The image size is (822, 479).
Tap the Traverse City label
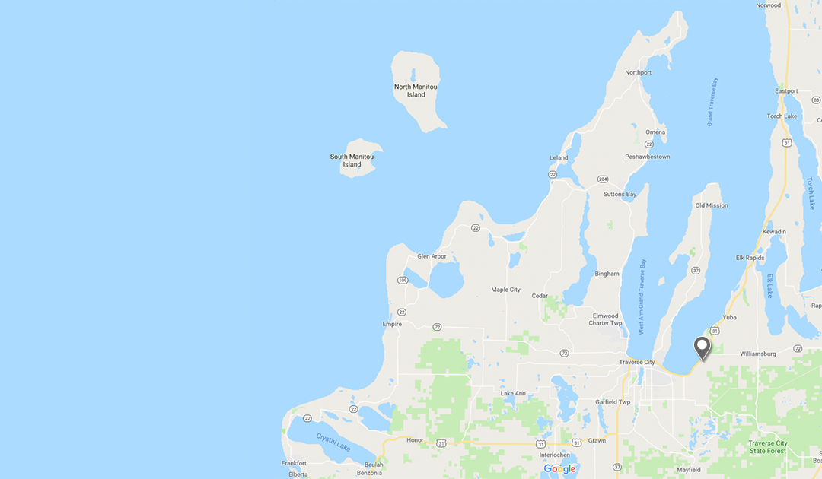pyautogui.click(x=636, y=362)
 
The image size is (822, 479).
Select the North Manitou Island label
pyautogui.click(x=416, y=90)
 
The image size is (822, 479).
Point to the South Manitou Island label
pyautogui.click(x=352, y=160)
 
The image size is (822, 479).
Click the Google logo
pyautogui.click(x=559, y=469)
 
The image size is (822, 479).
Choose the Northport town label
pyautogui.click(x=638, y=73)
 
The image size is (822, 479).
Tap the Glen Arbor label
pyautogui.click(x=432, y=256)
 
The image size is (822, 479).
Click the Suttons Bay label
pyautogui.click(x=620, y=195)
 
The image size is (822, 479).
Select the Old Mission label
pyautogui.click(x=711, y=205)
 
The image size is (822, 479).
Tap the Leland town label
pyautogui.click(x=559, y=158)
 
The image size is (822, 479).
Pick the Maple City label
pyautogui.click(x=505, y=290)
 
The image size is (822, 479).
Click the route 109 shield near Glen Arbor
pyautogui.click(x=401, y=281)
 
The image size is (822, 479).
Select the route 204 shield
pyautogui.click(x=603, y=179)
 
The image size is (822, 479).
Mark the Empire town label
pyautogui.click(x=393, y=325)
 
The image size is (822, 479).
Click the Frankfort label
pyautogui.click(x=293, y=463)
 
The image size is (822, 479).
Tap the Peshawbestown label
pyautogui.click(x=647, y=157)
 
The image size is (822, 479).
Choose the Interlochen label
pyautogui.click(x=554, y=455)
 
